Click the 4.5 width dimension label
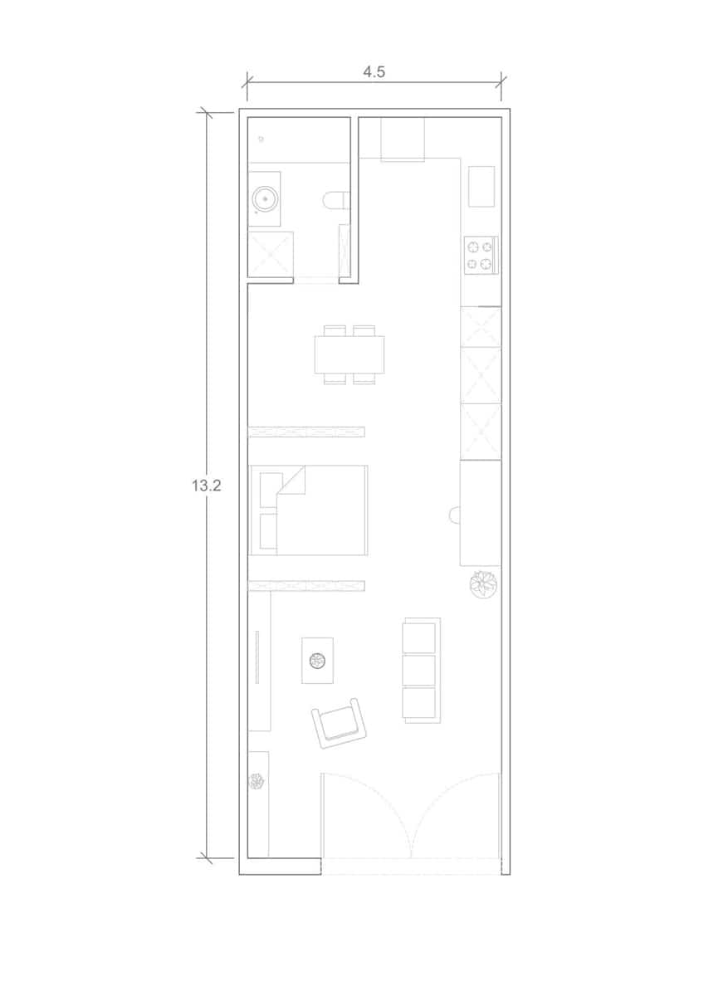374,71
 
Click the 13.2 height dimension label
205,486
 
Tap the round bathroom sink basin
265,199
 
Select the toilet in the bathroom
336,200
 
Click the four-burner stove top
481,255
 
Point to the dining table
350,354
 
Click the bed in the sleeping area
309,510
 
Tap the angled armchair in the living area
340,722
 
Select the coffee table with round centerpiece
317,660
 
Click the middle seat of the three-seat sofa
419,671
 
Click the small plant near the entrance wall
257,781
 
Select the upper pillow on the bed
269,486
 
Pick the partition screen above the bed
306,431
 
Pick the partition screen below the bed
306,586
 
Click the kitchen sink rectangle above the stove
482,186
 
